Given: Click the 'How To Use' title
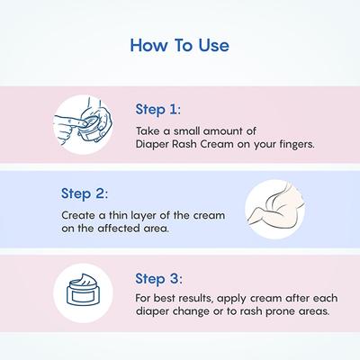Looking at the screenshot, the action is [180, 46].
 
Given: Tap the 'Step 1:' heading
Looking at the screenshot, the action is [158, 109].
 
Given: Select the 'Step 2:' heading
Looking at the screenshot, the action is [85, 193].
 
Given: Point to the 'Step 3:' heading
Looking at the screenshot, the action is [158, 279].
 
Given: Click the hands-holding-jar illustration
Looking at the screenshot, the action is [83, 124].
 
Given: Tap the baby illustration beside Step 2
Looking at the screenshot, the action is [275, 210].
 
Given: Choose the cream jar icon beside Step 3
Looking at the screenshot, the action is [83, 292].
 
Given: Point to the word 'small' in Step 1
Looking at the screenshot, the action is [187, 131].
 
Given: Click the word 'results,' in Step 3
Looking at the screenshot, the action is [195, 299].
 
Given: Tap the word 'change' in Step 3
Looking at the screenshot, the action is [191, 311].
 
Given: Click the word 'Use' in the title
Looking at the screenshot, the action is [214, 46].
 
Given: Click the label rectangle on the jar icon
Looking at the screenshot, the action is [83, 297].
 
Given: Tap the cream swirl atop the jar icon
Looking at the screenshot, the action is [83, 280].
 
